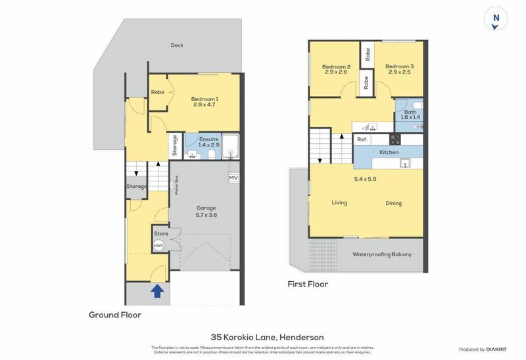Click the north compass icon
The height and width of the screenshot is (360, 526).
coord(496,18)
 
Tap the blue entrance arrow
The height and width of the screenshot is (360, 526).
coord(158,290)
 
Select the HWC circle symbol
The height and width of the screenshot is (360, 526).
coord(158,246)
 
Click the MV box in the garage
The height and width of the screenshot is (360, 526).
coord(233,178)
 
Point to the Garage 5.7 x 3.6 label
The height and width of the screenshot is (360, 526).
coord(202,211)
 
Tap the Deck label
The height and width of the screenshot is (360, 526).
coord(177,45)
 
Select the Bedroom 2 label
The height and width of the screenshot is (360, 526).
coord(336,70)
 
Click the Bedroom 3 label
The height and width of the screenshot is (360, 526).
coord(399,70)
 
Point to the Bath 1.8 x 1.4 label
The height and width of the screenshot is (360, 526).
coord(410,116)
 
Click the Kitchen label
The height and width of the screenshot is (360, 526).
coord(389,152)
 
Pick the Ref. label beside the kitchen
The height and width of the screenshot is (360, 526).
coord(362,139)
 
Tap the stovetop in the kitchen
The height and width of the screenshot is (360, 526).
coord(396,139)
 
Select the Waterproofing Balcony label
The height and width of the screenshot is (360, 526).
coord(382,254)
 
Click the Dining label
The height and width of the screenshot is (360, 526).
coord(394,204)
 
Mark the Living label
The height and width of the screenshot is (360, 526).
coord(339,203)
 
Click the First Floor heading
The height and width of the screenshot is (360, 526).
coord(308,284)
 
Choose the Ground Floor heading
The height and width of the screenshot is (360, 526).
coord(115,315)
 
